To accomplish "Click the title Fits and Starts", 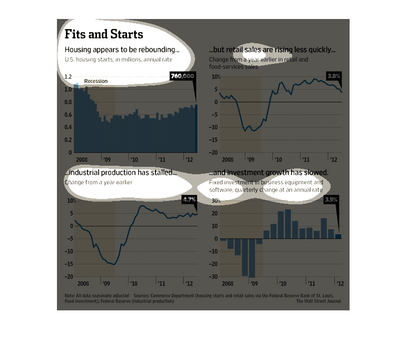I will coord(103,34).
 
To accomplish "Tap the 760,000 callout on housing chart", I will coord(183,77).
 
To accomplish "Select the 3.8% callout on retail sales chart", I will coord(334,76).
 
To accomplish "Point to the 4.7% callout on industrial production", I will coord(188,200).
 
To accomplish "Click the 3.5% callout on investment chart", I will coord(331,200).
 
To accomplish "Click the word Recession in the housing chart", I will coord(96,81).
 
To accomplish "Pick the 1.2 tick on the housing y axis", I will coord(68,77).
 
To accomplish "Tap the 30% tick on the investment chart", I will coord(215,201).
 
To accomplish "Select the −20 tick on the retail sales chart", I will coord(214,153).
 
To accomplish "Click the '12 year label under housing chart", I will coord(188,159).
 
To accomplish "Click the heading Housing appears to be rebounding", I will coord(122,50).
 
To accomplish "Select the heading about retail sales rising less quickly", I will coord(272,50).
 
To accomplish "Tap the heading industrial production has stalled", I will coord(121,173).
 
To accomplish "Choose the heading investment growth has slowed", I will coord(269,173).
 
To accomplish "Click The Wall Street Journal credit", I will coord(318,301).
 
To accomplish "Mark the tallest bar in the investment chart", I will coord(287,224).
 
